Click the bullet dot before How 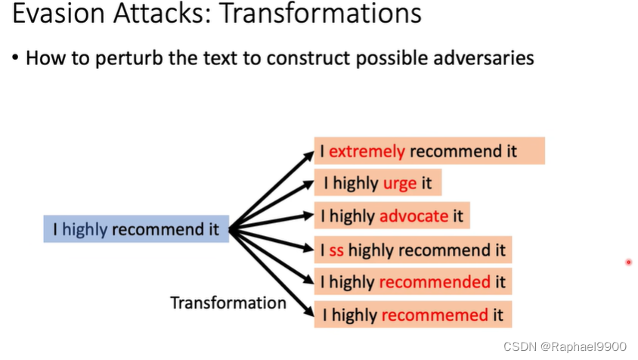tap(15, 58)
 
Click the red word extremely tap(367, 151)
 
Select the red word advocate tap(414, 216)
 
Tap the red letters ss tap(336, 250)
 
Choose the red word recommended tap(435, 282)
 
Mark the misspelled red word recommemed tap(435, 315)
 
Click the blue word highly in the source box tap(85, 228)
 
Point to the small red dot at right tap(628, 262)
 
